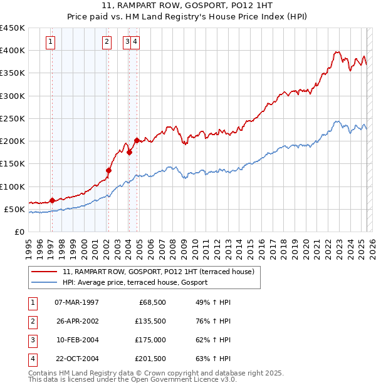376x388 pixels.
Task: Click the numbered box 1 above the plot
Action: pyautogui.click(x=50, y=42)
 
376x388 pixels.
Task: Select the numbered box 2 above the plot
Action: pyautogui.click(x=107, y=42)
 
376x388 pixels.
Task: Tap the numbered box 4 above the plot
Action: pyautogui.click(x=135, y=42)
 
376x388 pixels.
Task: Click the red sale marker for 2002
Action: pyautogui.click(x=108, y=170)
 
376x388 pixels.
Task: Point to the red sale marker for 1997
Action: pyautogui.click(x=52, y=200)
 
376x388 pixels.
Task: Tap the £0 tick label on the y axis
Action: pyautogui.click(x=19, y=232)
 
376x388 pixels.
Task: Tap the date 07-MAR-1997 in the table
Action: pyautogui.click(x=77, y=302)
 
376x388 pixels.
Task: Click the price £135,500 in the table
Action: pyautogui.click(x=150, y=321)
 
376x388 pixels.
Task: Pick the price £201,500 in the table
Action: pyautogui.click(x=150, y=359)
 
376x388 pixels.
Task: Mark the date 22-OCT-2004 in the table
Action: pyautogui.click(x=77, y=359)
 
